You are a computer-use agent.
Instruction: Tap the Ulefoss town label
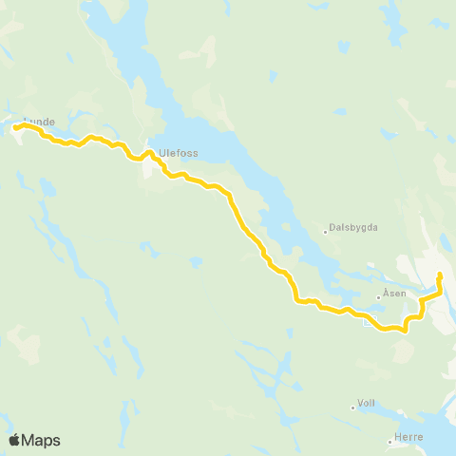[178, 150]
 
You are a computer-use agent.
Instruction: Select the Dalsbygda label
[353, 228]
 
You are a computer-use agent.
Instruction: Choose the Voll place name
[367, 403]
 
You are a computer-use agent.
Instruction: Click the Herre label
[408, 438]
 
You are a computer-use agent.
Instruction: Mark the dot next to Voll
[352, 408]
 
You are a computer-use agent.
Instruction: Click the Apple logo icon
[14, 440]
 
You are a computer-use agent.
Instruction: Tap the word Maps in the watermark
[41, 441]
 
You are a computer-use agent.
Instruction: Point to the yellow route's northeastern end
[440, 275]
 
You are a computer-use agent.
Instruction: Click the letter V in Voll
[359, 403]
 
